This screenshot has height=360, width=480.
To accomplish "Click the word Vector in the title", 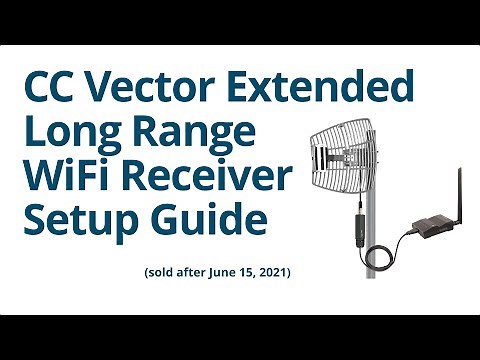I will (x=155, y=89).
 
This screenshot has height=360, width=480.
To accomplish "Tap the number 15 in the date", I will (x=241, y=272).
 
